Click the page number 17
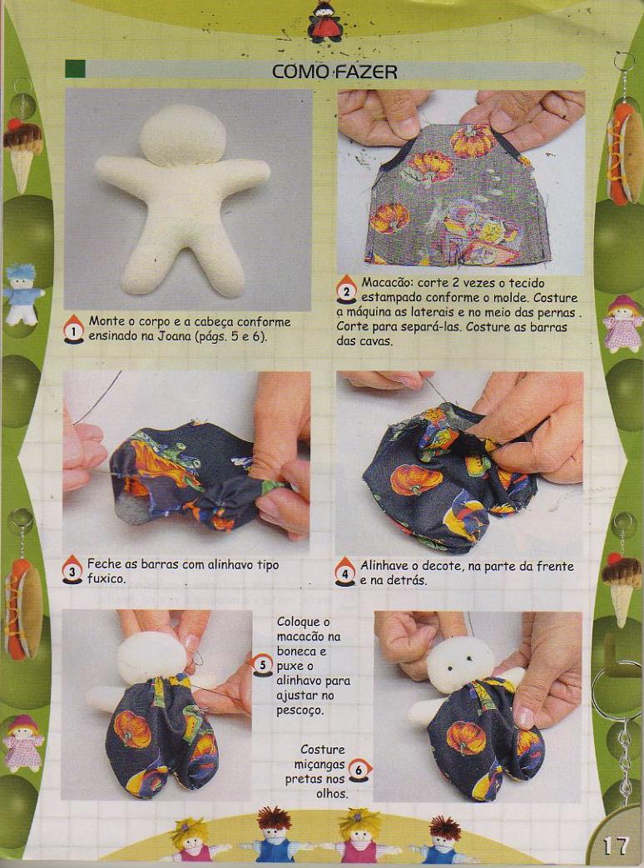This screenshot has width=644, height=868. (x=616, y=846)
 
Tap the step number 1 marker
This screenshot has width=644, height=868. (x=73, y=330)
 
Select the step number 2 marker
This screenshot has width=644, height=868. (x=346, y=290)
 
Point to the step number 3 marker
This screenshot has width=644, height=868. (x=72, y=570)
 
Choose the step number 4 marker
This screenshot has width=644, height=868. (x=345, y=572)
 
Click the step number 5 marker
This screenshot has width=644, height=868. (x=262, y=665)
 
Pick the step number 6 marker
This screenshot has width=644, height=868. (x=359, y=770)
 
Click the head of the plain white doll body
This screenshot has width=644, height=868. (x=182, y=136)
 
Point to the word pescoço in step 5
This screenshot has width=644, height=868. (x=299, y=711)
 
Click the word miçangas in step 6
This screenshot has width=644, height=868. (x=320, y=765)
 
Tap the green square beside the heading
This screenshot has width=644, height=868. (x=75, y=69)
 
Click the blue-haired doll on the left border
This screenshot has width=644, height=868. (x=22, y=295)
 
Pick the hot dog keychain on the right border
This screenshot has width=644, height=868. (x=627, y=151)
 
